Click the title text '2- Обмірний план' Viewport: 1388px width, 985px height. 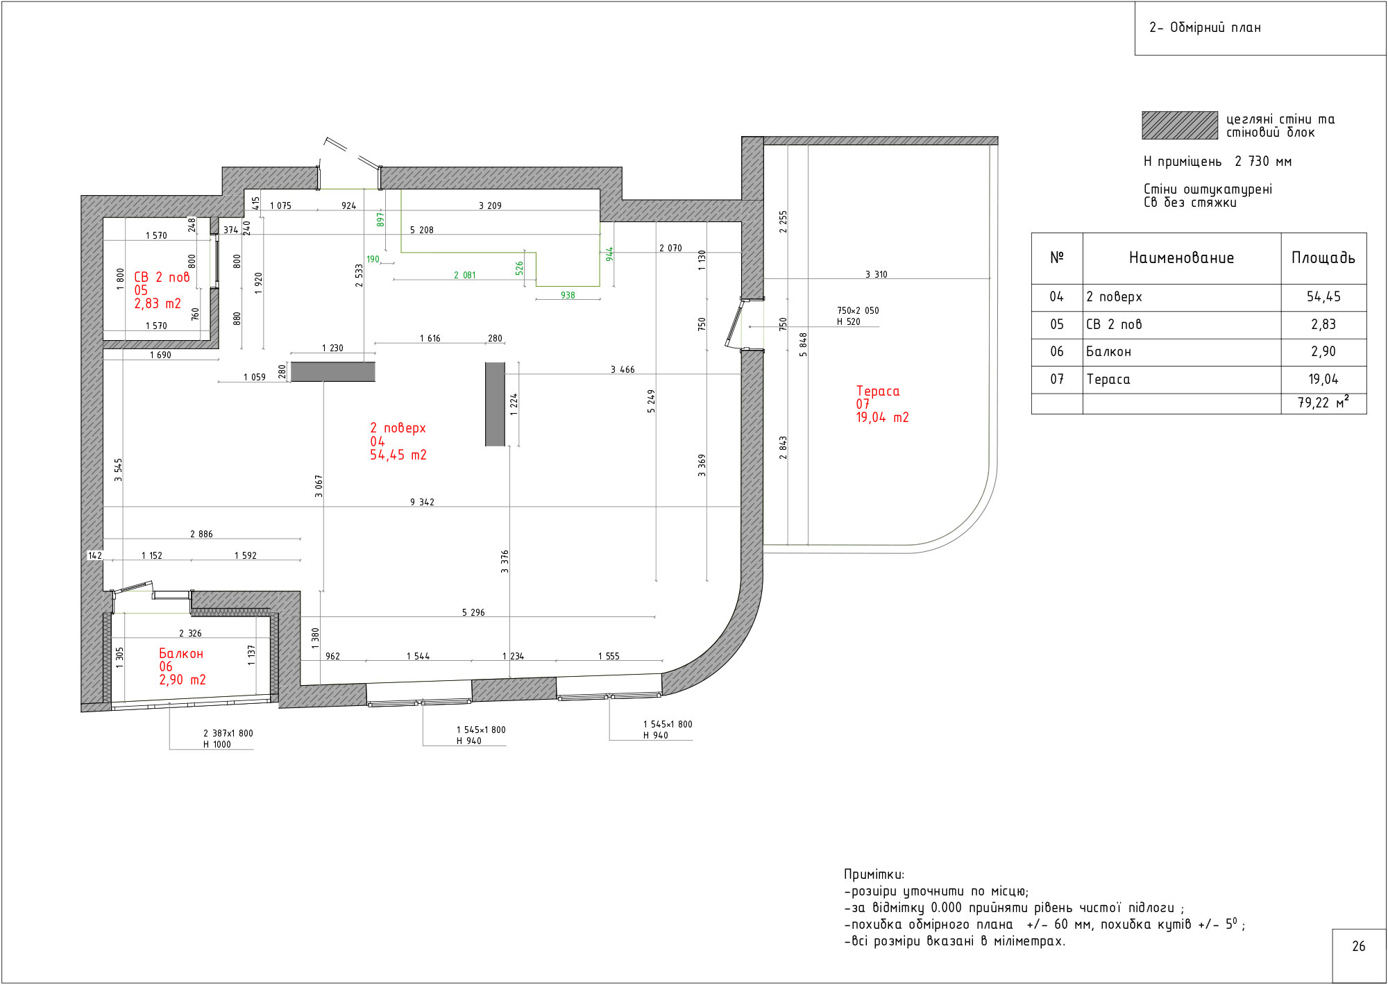[1205, 28]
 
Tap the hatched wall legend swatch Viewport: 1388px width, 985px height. [1180, 126]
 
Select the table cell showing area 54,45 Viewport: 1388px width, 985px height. [1323, 297]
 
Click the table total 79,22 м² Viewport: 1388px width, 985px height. [1323, 403]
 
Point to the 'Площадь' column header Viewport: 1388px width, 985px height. [1323, 258]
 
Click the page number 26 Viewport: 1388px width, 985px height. [1359, 946]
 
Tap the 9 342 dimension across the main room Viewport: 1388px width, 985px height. [422, 502]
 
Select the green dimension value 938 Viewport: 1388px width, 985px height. [568, 295]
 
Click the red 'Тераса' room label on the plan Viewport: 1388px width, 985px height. [878, 392]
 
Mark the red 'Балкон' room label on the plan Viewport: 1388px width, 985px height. [181, 654]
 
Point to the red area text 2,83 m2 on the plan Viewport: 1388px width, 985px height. [158, 303]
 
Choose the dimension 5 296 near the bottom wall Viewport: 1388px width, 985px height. [473, 612]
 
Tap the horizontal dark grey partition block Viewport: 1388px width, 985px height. [333, 372]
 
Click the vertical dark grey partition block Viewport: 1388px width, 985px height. [495, 404]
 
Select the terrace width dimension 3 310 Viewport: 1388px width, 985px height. [877, 274]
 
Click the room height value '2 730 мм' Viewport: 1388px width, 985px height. [1263, 162]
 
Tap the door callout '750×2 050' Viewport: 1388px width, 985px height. [858, 310]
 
